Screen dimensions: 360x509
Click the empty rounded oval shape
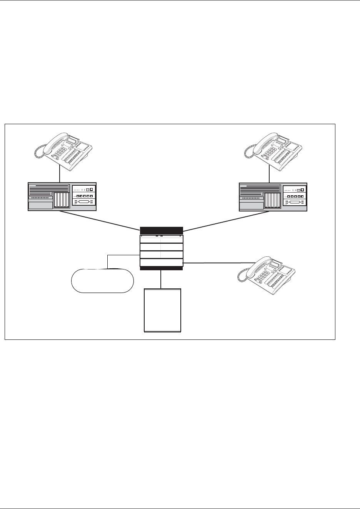(102, 281)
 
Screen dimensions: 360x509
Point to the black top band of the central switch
(161, 230)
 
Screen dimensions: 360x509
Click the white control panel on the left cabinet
(83, 196)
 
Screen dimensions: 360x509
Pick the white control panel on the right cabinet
(294, 196)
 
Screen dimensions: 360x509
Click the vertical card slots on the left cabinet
(62, 200)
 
